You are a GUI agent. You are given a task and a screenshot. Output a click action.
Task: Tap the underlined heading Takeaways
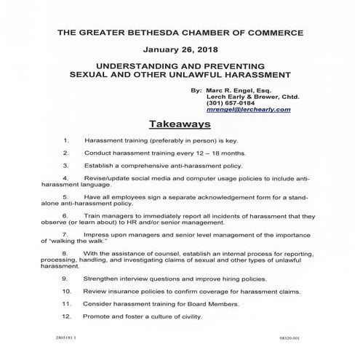[x=180, y=124]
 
